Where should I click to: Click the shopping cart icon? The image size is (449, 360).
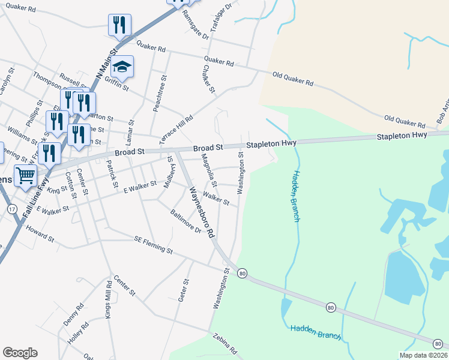click(x=25, y=176)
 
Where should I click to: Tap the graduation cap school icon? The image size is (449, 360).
click(x=122, y=67)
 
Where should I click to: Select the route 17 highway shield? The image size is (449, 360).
click(x=11, y=209)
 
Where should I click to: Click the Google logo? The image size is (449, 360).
click(x=20, y=353)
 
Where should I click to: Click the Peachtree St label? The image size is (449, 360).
click(x=163, y=91)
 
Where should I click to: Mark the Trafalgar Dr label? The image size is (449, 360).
click(x=221, y=18)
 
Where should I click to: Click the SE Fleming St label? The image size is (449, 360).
click(x=154, y=244)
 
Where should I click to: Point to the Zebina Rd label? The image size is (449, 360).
click(x=224, y=343)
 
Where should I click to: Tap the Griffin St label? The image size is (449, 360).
click(x=116, y=83)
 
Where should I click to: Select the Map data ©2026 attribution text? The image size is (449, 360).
click(x=423, y=355)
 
